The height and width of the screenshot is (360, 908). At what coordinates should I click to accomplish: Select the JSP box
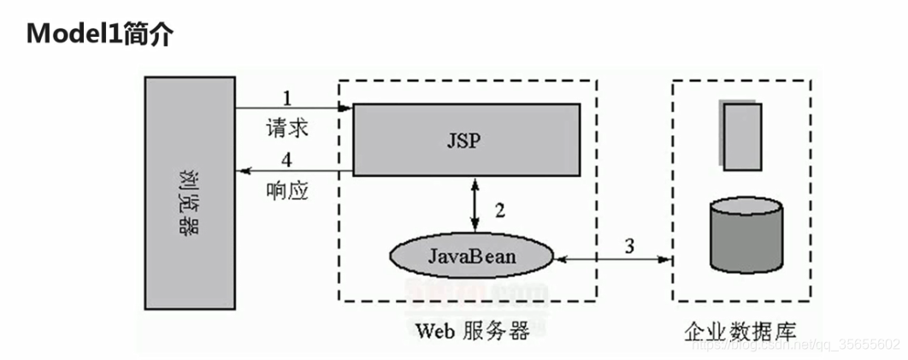point(467,139)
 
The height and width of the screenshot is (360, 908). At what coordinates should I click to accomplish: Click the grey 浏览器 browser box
point(190,192)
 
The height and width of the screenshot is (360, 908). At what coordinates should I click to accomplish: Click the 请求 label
point(287,130)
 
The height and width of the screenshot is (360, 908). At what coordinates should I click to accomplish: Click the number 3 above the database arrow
point(628,246)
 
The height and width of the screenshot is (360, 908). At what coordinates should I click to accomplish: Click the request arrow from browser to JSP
point(294,108)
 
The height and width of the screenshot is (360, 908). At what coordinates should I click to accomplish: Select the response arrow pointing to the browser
point(294,173)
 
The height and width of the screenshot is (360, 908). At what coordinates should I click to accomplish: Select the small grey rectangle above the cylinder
point(740,136)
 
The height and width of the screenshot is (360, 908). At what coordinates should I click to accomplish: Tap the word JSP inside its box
point(463,140)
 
